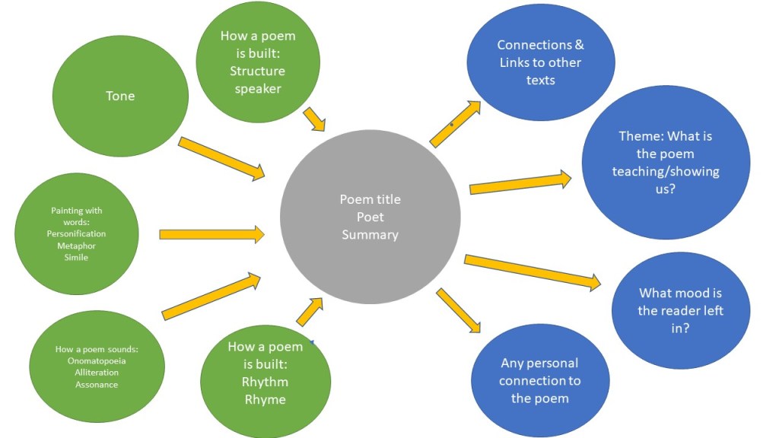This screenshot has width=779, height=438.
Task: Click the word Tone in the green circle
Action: pos(120,96)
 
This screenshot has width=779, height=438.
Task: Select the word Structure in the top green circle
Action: pos(257,71)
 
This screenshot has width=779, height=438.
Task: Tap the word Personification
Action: pos(77,234)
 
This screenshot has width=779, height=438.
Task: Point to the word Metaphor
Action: pos(77,246)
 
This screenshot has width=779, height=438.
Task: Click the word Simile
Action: pos(77,257)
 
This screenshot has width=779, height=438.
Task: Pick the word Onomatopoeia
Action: pos(97,361)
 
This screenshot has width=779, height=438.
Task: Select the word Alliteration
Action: pos(97,373)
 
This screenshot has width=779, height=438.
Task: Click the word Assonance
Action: pos(97,384)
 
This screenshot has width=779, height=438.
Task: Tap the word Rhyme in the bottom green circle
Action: pos(265,400)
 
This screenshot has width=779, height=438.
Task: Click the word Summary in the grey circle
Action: pos(370,235)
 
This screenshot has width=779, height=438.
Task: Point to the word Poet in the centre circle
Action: pos(370,217)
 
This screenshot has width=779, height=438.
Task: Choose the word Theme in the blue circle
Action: pos(641,136)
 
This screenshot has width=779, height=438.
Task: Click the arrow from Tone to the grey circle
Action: pos(221,158)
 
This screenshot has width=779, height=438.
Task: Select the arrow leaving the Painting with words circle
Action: pos(212,234)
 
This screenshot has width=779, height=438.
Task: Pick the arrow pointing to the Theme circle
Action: pos(520,182)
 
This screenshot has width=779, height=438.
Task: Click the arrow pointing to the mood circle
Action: pos(533,272)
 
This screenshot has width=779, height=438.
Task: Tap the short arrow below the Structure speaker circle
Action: pos(314,119)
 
